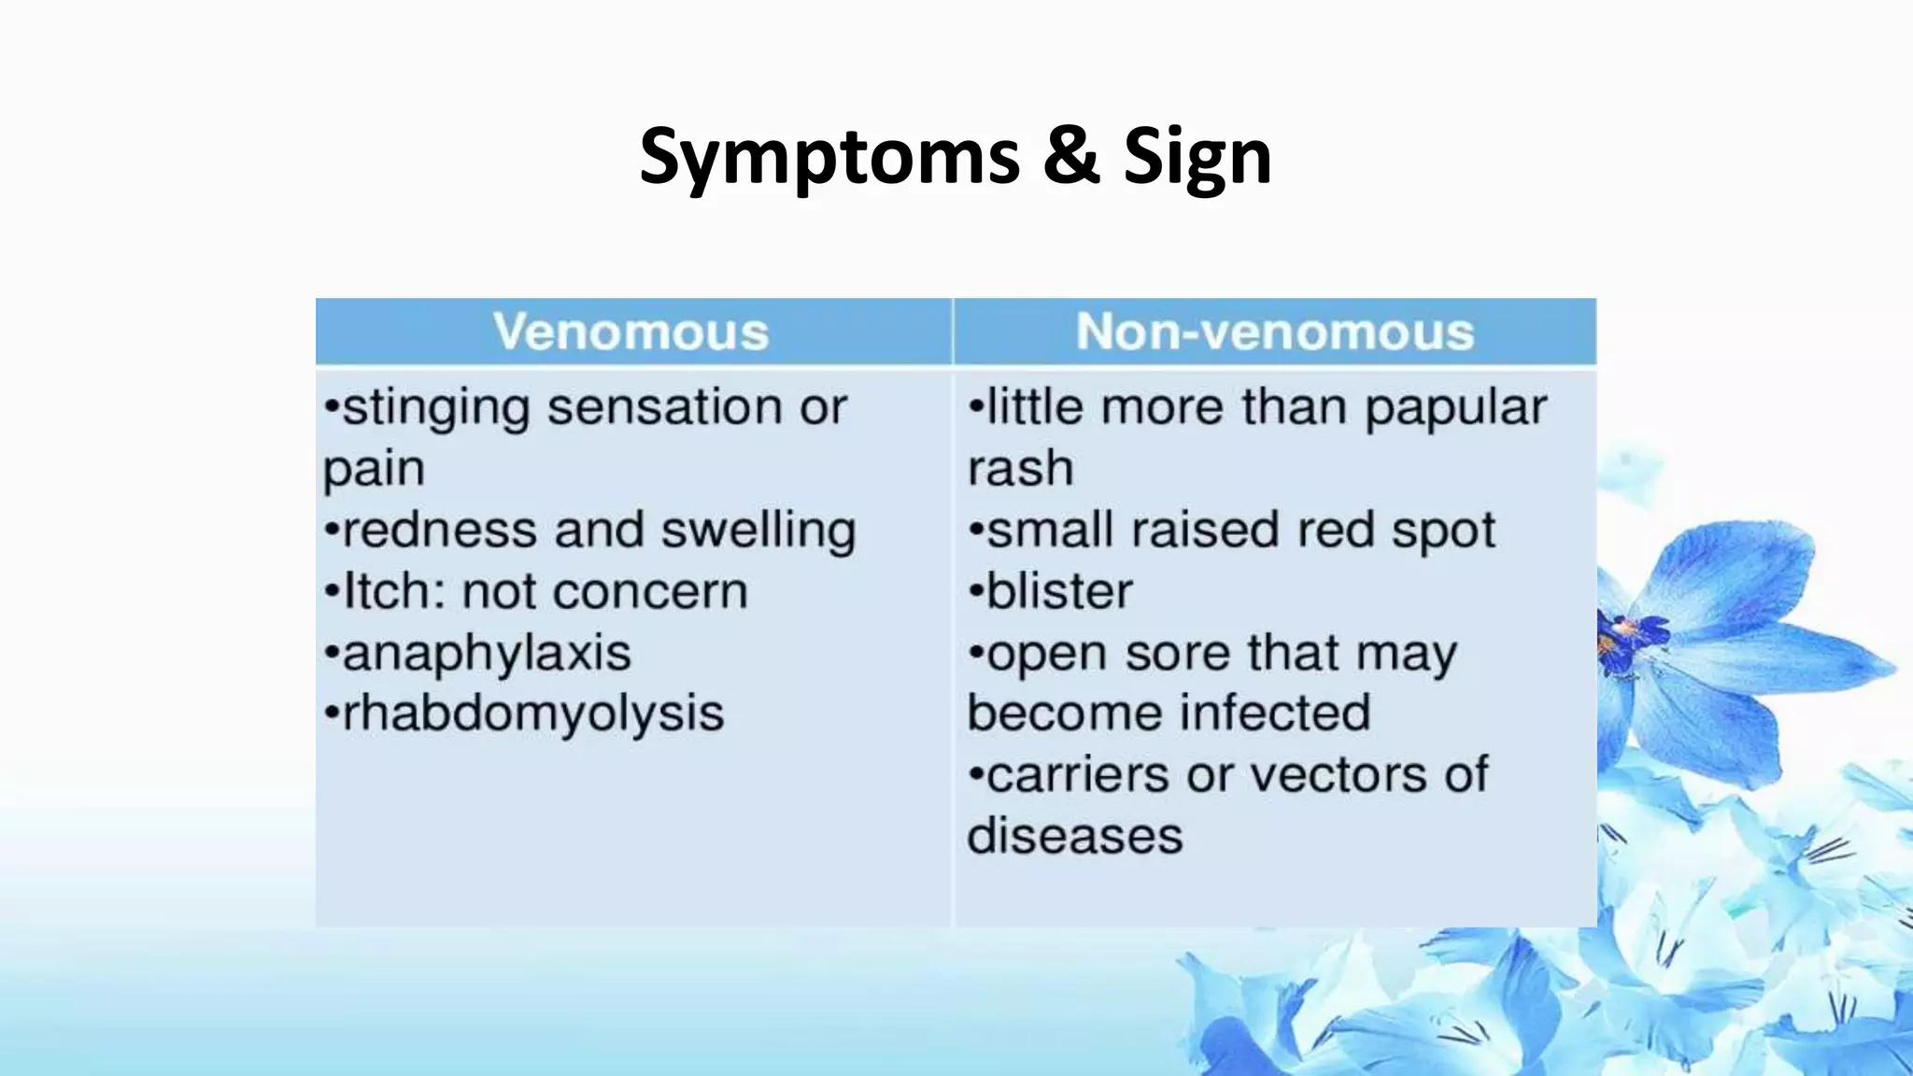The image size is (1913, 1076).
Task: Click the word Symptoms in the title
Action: pos(829,157)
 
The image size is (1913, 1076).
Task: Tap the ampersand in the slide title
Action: pos(1070,155)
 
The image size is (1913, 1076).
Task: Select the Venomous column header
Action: pos(631,332)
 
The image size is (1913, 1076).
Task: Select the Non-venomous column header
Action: pos(1274,332)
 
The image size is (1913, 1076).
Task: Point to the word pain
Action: pos(374,469)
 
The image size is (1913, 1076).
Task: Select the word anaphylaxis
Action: pos(487,653)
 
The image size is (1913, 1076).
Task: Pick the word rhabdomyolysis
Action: pos(533,714)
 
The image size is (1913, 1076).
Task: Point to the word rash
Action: pos(1020,469)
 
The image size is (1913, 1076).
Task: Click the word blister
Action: pos(1059,591)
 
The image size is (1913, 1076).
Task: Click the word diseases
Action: pos(1074,835)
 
